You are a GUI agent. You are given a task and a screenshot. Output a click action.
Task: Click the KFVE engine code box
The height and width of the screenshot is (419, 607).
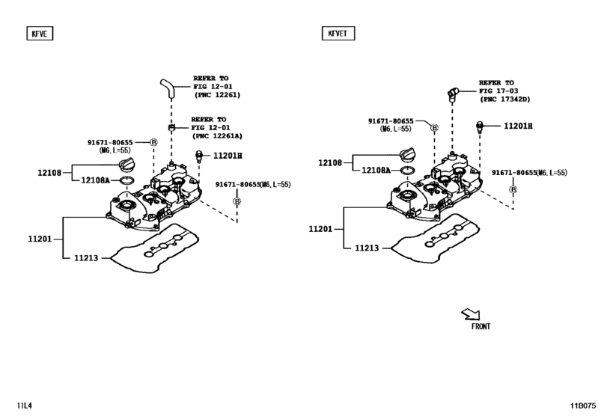(40, 33)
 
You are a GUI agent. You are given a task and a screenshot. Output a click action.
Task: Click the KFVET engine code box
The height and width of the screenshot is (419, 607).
(338, 33)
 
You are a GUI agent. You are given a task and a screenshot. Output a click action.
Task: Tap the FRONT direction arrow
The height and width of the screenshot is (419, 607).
(471, 314)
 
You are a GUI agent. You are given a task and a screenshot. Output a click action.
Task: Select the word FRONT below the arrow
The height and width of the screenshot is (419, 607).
(481, 326)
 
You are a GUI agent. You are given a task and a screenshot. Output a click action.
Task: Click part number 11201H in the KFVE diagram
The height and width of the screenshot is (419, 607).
(228, 156)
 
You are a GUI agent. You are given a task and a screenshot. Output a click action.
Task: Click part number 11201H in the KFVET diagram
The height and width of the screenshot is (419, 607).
(518, 126)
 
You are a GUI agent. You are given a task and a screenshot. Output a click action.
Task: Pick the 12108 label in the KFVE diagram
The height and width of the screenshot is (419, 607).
(49, 173)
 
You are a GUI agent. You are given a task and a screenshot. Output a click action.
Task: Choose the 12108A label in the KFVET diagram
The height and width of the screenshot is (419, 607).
(376, 171)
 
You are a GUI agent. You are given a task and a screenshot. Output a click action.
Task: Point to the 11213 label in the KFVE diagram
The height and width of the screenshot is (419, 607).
(86, 257)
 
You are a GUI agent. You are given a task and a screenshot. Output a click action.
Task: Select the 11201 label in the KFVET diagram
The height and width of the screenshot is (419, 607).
(320, 229)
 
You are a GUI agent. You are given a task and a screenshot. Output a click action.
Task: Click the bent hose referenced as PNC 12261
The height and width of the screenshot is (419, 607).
(167, 88)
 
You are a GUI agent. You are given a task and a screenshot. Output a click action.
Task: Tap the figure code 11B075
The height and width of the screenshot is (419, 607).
(582, 406)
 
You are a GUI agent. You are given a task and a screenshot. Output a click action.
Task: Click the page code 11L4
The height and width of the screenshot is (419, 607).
(24, 406)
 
